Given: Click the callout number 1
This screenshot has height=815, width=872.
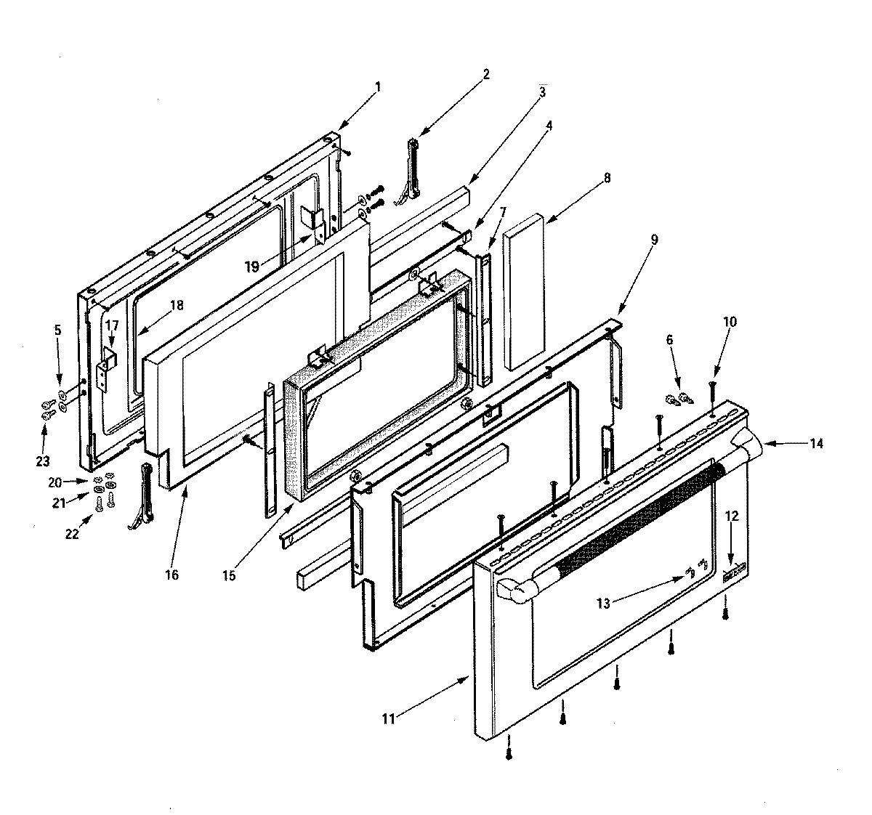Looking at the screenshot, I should click(x=377, y=86).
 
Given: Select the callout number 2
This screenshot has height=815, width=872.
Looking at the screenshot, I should click(x=486, y=73).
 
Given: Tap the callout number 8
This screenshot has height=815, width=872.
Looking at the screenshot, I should click(x=607, y=177).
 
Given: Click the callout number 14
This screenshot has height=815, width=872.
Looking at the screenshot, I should click(x=817, y=443).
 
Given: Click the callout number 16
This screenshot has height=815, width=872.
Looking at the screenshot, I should click(x=171, y=575).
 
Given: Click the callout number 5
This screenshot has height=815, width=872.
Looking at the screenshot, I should click(x=59, y=330).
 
